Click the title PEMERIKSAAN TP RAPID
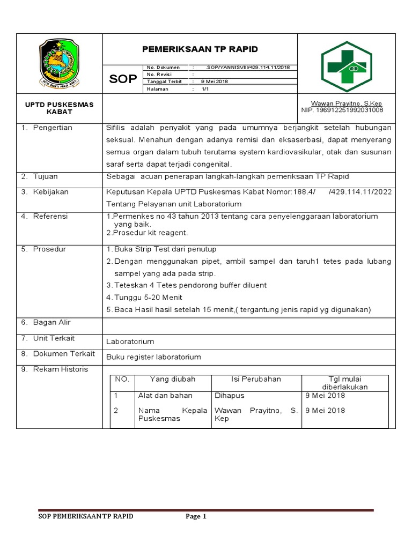[x=200, y=49]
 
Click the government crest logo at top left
[x=59, y=64]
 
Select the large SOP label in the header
[x=123, y=79]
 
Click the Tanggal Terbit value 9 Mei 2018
[x=215, y=81]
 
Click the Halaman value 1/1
[x=205, y=89]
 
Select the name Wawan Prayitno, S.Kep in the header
[x=346, y=103]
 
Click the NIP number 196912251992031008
[x=342, y=110]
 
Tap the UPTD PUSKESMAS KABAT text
[x=59, y=108]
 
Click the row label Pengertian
[x=53, y=128]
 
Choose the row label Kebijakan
[x=50, y=192]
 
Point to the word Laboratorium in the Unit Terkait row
[x=130, y=342]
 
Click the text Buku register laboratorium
[x=153, y=357]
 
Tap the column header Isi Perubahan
[x=256, y=379]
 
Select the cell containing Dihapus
[x=229, y=396]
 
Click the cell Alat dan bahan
[x=165, y=396]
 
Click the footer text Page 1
[x=196, y=516]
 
